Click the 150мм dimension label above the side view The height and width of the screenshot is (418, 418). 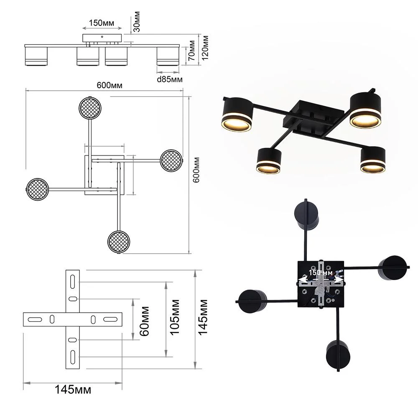[102, 23]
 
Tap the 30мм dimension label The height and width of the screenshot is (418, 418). [137, 22]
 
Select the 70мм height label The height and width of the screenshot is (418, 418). [192, 51]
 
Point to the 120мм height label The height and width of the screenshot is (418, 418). [205, 48]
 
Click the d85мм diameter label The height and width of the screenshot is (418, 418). [170, 79]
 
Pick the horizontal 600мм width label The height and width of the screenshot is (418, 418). [110, 85]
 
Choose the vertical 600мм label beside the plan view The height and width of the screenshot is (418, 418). [196, 170]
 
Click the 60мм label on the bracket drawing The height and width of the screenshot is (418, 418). [145, 321]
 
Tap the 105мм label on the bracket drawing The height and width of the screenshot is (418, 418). [174, 317]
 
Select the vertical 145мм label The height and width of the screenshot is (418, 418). [203, 317]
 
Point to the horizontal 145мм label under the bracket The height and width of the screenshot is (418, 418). [73, 390]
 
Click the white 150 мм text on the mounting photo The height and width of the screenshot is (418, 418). [321, 273]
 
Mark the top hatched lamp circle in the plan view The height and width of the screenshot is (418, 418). [90, 108]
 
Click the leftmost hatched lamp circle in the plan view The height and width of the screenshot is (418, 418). [38, 189]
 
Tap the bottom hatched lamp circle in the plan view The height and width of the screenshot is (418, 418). [119, 242]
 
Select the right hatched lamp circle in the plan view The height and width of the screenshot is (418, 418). [171, 161]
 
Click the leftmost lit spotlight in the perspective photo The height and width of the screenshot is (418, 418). [237, 115]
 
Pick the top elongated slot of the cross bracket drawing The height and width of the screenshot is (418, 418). [72, 282]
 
